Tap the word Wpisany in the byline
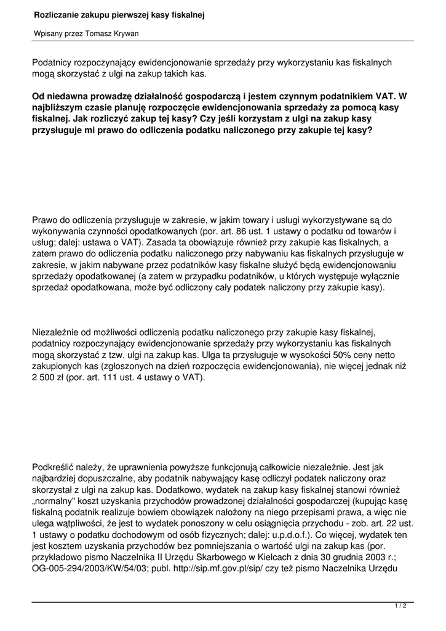pos(48,34)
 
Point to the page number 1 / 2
pos(400,606)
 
